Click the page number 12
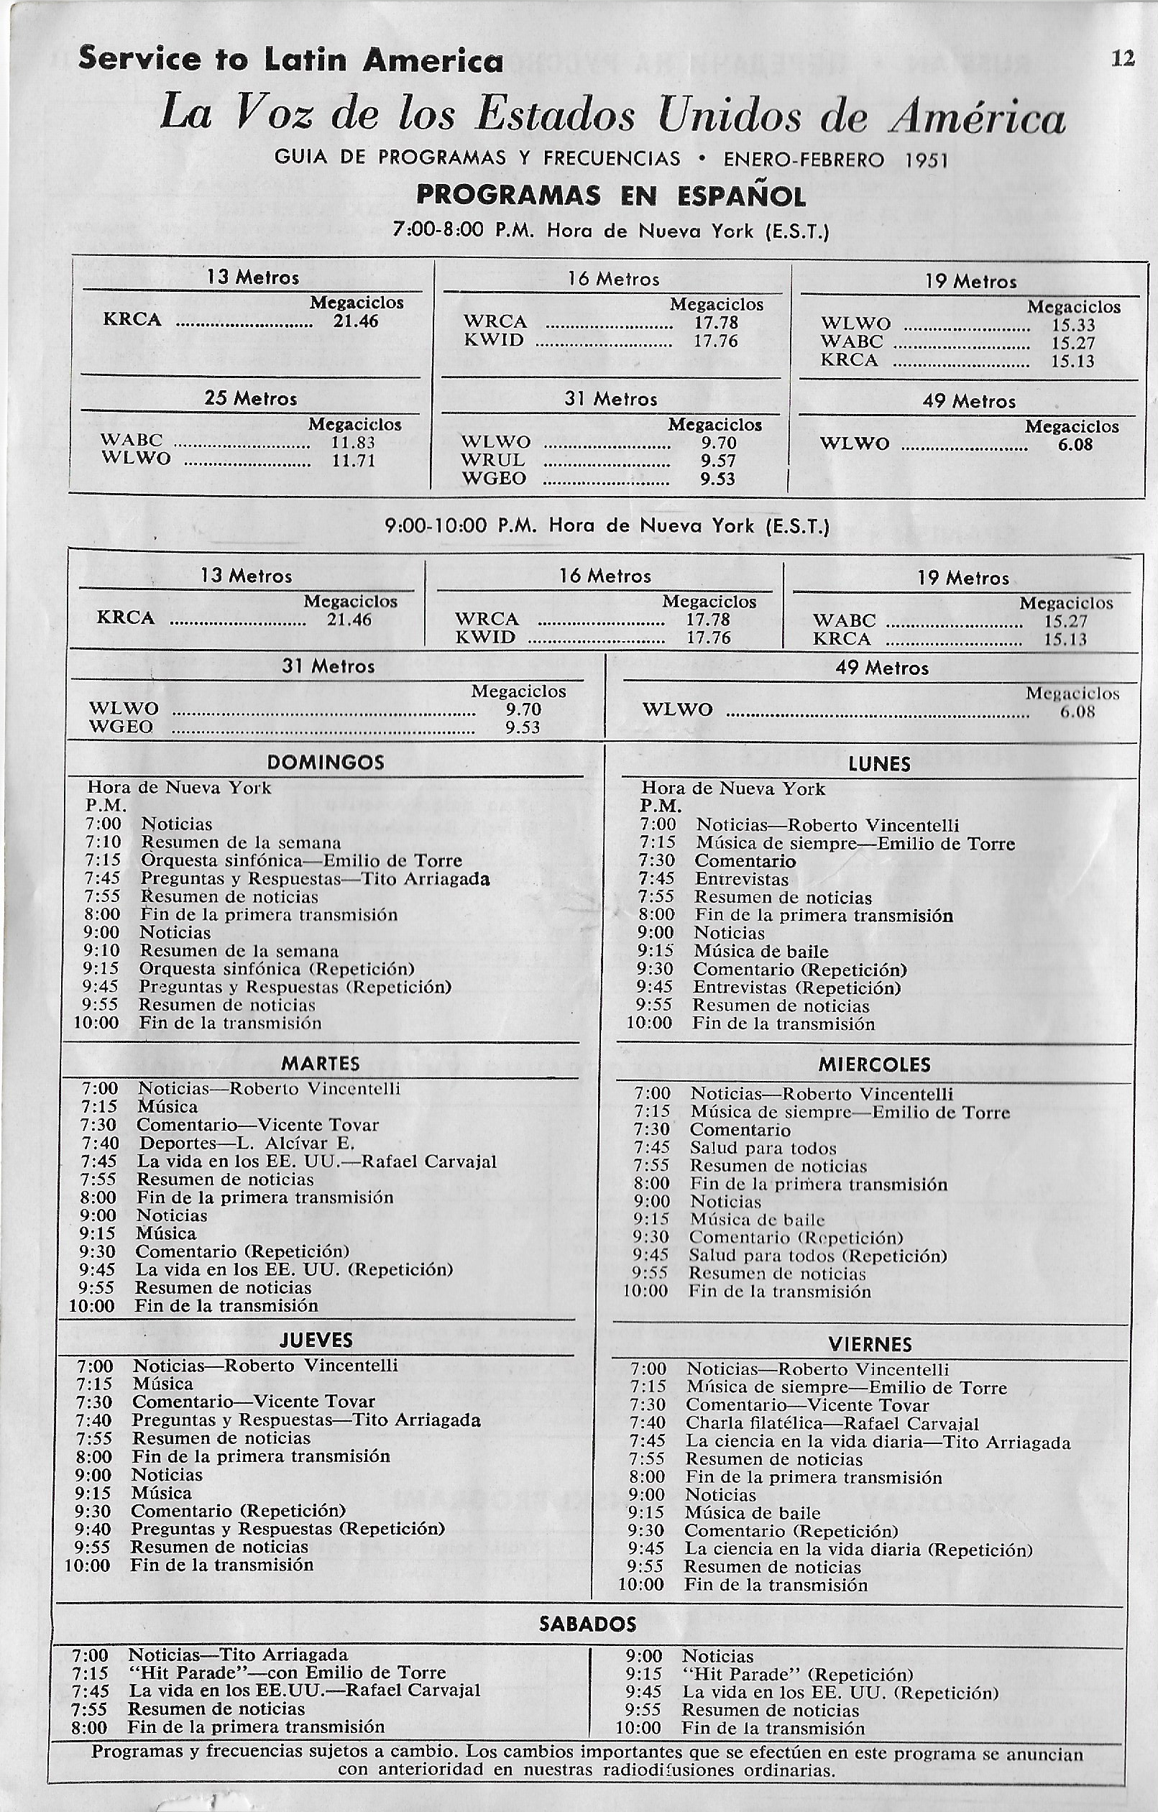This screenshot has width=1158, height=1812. [1123, 59]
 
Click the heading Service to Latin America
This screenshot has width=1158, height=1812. [290, 60]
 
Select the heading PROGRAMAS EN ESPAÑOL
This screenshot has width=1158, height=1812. [611, 196]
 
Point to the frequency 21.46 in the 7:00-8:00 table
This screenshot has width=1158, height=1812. [355, 320]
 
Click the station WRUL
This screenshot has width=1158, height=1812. [494, 460]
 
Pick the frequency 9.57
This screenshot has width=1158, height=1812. [718, 461]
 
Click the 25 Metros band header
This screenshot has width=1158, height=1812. [251, 398]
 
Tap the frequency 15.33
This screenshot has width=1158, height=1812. [1073, 325]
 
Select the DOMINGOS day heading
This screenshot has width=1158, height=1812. [326, 763]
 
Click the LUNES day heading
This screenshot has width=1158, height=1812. [879, 765]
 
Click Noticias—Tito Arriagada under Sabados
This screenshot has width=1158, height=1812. [238, 1655]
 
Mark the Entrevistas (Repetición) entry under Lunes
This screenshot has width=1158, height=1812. [796, 988]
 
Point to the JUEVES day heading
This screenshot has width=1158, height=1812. [316, 1340]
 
